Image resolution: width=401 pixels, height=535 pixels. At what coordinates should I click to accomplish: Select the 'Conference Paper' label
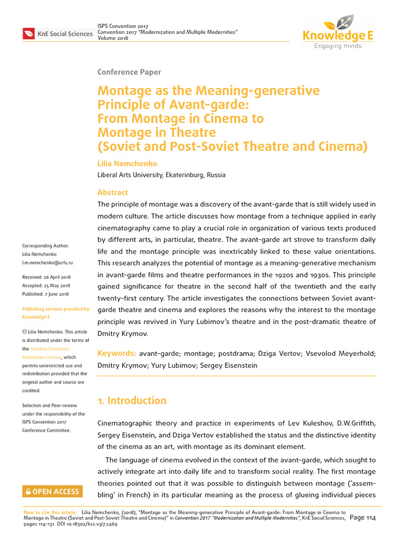(x=129, y=72)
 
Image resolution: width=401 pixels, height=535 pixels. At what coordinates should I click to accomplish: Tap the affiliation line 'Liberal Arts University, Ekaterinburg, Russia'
(x=161, y=175)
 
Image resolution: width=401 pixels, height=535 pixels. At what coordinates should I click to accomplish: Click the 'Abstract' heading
(x=112, y=192)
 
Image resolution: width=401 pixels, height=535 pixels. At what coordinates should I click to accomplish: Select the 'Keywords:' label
(x=117, y=354)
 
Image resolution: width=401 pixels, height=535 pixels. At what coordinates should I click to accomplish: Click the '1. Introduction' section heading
(x=132, y=401)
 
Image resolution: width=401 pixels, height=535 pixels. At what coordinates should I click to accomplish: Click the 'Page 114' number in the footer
(x=363, y=518)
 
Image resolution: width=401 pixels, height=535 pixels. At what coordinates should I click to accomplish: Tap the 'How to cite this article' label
(x=50, y=513)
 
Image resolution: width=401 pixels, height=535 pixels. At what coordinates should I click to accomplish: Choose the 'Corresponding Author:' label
(x=45, y=246)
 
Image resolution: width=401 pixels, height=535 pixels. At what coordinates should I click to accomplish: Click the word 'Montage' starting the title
(x=126, y=91)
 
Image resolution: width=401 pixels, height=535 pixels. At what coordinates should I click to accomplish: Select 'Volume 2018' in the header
(x=113, y=38)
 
